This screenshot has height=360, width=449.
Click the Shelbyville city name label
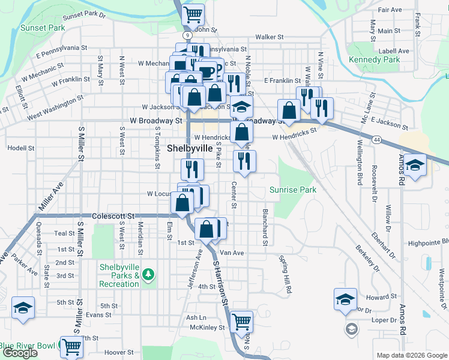click(x=189, y=148)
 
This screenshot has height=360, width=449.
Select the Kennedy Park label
click(x=374, y=59)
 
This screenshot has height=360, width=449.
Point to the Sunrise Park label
click(x=292, y=190)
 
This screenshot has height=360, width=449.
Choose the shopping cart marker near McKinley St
click(x=241, y=321)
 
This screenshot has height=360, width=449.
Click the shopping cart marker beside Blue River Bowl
click(x=71, y=346)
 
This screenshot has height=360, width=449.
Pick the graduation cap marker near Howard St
click(x=346, y=299)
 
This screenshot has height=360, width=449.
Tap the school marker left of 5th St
click(x=23, y=308)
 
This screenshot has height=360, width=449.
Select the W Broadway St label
click(x=155, y=121)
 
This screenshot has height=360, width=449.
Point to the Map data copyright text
click(x=411, y=355)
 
